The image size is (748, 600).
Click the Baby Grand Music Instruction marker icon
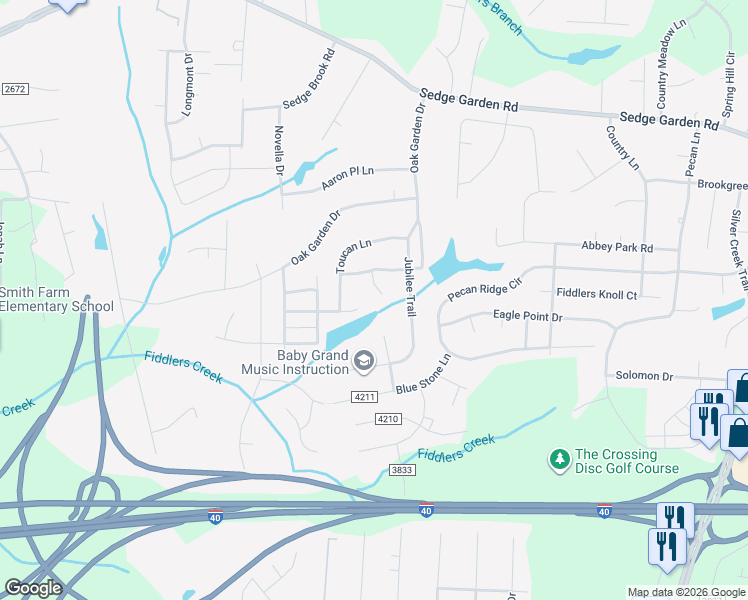pyautogui.click(x=364, y=359)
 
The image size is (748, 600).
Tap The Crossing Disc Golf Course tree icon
pyautogui.click(x=558, y=460)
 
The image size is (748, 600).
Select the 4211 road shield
pyautogui.click(x=364, y=397)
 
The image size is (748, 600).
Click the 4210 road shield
pyautogui.click(x=388, y=418)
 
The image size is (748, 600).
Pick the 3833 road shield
pyautogui.click(x=402, y=469)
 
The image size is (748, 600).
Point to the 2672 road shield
pyautogui.click(x=14, y=89)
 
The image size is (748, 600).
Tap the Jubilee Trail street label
pyautogui.click(x=409, y=288)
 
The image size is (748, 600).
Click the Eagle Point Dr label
pyautogui.click(x=528, y=316)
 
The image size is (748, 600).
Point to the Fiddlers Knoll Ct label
pyautogui.click(x=596, y=294)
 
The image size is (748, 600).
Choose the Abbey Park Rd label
pyautogui.click(x=617, y=247)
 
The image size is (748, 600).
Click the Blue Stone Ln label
pyautogui.click(x=423, y=374)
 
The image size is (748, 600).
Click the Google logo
pyautogui.click(x=33, y=588)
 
